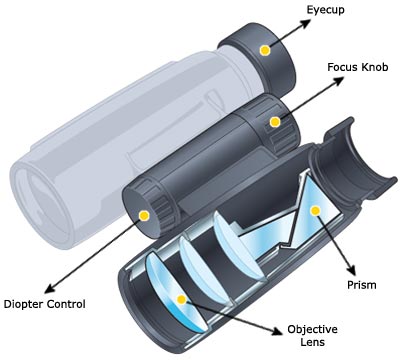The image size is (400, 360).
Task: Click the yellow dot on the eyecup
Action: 265,49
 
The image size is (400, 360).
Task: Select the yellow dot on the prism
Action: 314,210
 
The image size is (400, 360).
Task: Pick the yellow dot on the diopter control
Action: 145,214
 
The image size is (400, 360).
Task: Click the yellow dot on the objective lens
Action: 180,299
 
